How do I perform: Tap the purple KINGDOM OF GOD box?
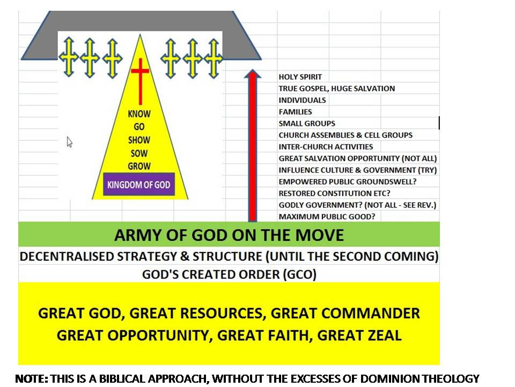(x=139, y=185)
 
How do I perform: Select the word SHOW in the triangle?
(x=139, y=140)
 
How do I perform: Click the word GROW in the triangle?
(x=139, y=166)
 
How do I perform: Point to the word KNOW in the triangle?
(x=139, y=114)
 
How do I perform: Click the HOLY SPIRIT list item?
(x=300, y=77)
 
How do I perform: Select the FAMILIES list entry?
(x=296, y=112)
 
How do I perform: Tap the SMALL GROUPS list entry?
(x=307, y=124)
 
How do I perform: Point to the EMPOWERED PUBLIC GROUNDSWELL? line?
(x=348, y=182)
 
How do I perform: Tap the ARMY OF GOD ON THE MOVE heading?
(x=229, y=235)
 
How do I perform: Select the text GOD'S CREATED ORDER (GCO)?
(x=229, y=274)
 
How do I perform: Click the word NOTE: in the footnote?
(x=32, y=378)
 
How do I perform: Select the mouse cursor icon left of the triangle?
(x=70, y=142)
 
